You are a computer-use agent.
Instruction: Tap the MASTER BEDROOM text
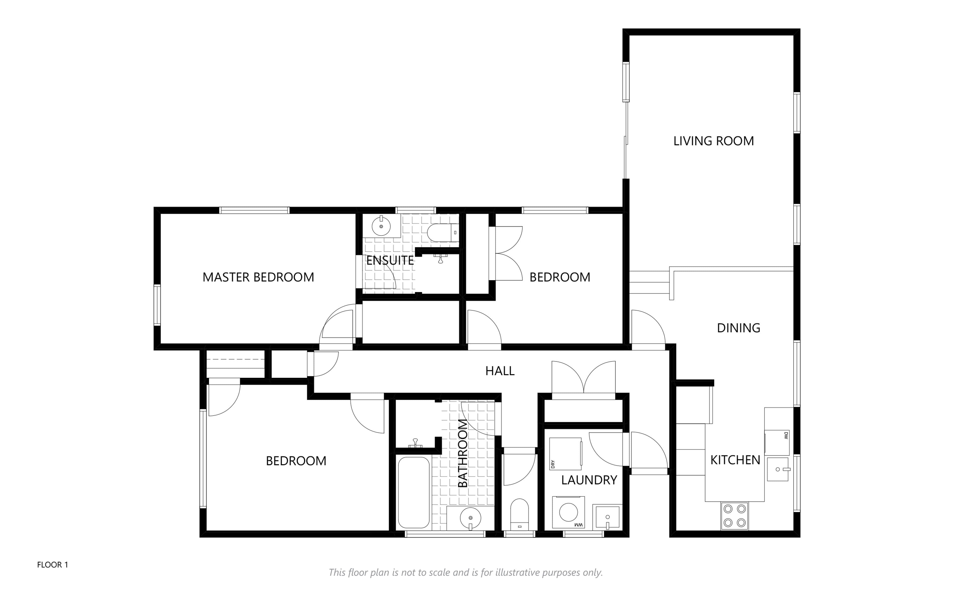coord(258,277)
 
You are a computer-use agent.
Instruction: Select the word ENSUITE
coord(390,261)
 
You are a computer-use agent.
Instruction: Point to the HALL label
coord(500,371)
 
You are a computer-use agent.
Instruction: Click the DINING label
coord(738,328)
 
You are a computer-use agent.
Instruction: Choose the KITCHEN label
coord(735,460)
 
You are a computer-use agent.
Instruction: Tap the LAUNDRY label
coord(589,480)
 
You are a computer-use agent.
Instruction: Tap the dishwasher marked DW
coord(777,442)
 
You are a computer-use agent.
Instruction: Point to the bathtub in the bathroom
coord(414,492)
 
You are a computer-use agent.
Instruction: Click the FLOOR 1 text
coord(52,565)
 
